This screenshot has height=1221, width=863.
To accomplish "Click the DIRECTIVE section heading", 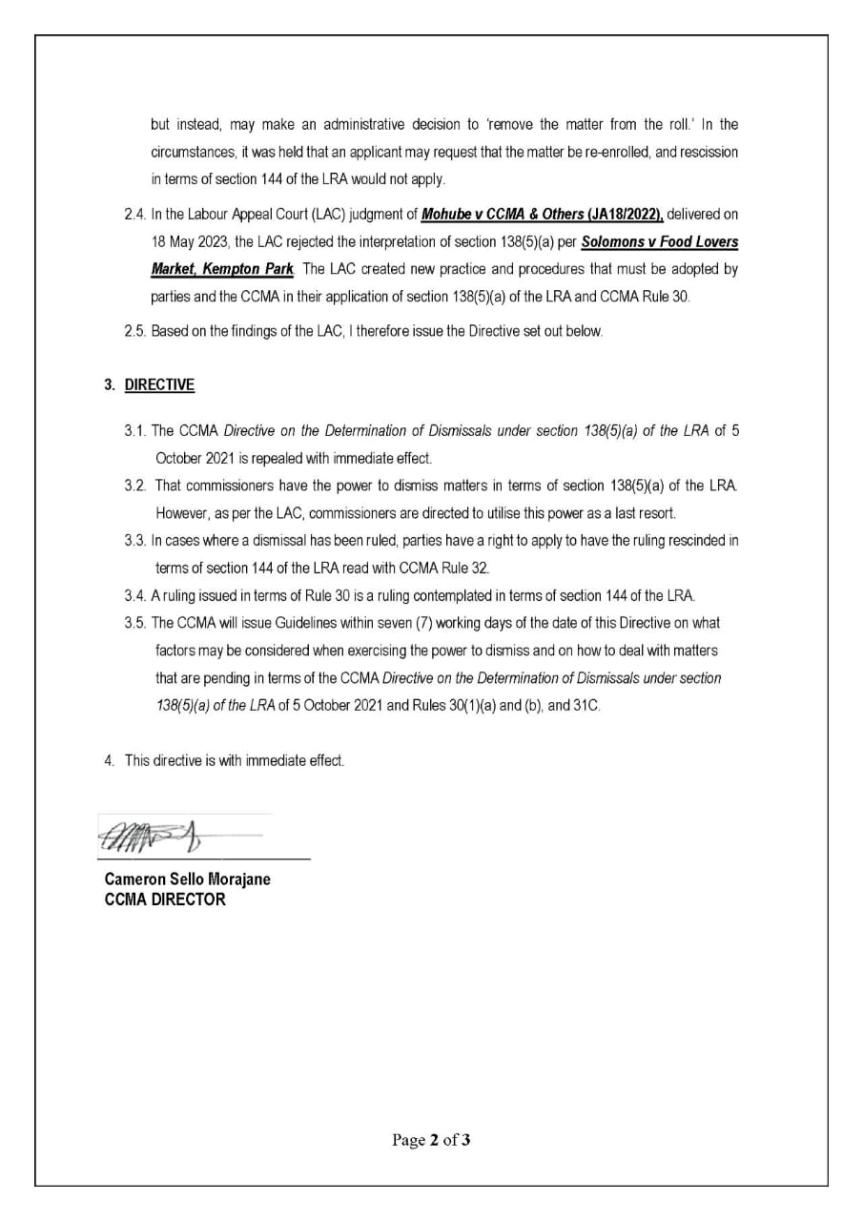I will pyautogui.click(x=159, y=384).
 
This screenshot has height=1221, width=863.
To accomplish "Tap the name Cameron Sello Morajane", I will pyautogui.click(x=187, y=879).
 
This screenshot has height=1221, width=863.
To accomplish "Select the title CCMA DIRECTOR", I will pyautogui.click(x=165, y=899).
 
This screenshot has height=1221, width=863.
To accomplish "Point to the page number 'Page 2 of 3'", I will pyautogui.click(x=431, y=1139).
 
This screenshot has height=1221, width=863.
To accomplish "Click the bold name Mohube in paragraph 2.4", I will pyautogui.click(x=448, y=215).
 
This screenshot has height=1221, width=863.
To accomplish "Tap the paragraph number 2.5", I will pyautogui.click(x=134, y=331).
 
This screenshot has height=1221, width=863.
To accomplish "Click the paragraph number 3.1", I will pyautogui.click(x=134, y=430).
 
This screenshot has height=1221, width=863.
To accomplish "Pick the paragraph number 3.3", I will pyautogui.click(x=134, y=540).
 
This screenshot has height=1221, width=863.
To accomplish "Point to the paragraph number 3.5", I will pyautogui.click(x=134, y=623).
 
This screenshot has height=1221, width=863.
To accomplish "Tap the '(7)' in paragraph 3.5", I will pyautogui.click(x=426, y=623).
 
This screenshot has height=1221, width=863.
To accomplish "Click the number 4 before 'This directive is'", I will pyautogui.click(x=109, y=760).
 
